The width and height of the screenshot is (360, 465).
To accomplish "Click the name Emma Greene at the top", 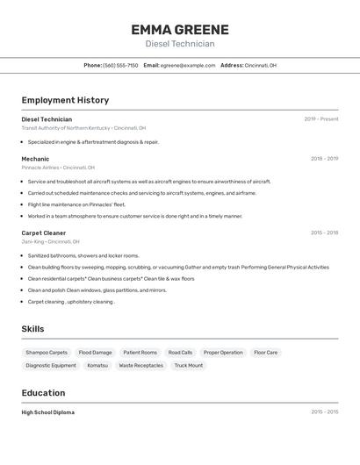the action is (x=179, y=30).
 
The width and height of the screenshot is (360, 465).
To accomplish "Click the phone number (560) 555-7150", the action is (x=120, y=65).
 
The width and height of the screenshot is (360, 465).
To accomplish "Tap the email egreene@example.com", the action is (x=187, y=65).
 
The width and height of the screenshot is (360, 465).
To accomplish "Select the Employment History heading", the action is (x=65, y=100).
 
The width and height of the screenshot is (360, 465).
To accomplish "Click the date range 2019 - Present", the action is (x=320, y=119).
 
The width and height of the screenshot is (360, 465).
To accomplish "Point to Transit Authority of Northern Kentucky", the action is (x=66, y=128).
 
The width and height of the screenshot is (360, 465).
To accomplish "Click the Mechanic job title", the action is (x=35, y=159).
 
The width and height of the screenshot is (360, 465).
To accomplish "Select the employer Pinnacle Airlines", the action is (x=40, y=168).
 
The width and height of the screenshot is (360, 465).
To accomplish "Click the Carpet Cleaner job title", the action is (x=44, y=232).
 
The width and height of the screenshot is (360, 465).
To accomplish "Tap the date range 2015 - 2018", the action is (x=324, y=232).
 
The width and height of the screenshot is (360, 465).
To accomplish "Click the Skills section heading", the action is (x=32, y=329).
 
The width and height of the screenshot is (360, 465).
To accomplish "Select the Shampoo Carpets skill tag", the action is (x=47, y=353).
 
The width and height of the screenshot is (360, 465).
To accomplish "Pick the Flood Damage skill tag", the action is (x=95, y=353).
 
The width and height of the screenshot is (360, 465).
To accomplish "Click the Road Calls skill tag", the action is (x=180, y=353).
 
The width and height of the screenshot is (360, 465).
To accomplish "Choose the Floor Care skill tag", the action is (x=265, y=353).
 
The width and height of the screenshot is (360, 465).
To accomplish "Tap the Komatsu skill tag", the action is (x=97, y=365).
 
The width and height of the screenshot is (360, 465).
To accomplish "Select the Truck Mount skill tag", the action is (x=188, y=365).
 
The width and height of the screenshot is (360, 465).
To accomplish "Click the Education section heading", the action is (x=43, y=393).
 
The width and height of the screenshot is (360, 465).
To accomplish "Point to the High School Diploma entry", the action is (x=47, y=412).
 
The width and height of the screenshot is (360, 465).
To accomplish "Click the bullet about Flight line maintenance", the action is (x=76, y=204).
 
